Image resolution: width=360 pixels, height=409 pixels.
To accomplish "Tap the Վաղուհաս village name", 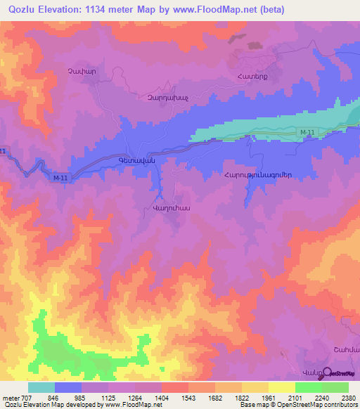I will click(172, 208).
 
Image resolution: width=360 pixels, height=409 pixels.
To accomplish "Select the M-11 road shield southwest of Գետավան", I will click(60, 178).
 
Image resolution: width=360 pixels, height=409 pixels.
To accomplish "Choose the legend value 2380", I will click(348, 398).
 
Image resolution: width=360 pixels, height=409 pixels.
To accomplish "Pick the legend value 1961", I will click(270, 398).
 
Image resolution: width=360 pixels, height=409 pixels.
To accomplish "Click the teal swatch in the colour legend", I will click(41, 387).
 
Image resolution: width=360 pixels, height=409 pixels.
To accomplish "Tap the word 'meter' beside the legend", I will click(11, 398).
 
